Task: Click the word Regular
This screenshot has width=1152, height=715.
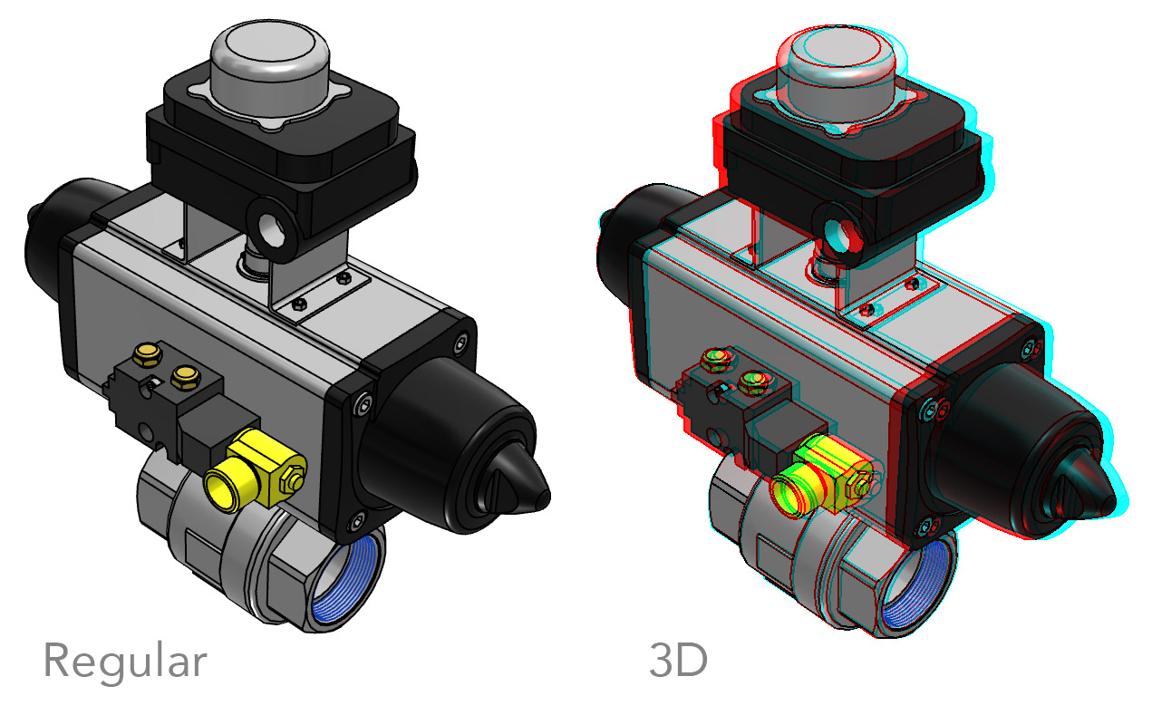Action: pyautogui.click(x=125, y=662)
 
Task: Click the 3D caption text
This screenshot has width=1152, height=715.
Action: pyautogui.click(x=679, y=661)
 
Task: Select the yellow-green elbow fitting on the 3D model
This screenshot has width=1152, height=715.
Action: pyautogui.click(x=823, y=477)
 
